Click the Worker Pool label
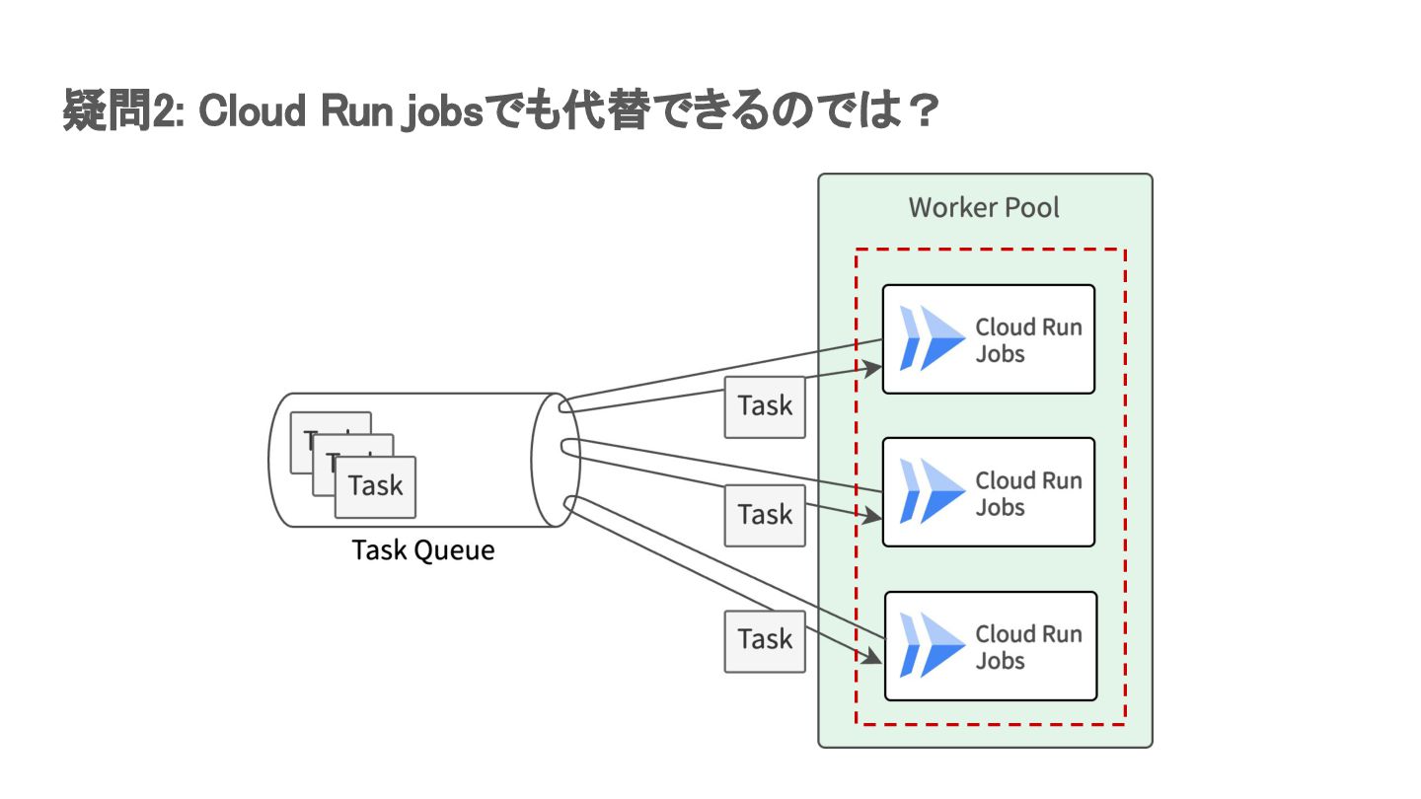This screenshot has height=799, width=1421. click(x=984, y=208)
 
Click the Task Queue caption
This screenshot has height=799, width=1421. click(x=423, y=550)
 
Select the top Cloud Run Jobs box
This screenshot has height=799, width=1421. click(x=988, y=339)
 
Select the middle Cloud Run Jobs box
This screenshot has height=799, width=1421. click(x=988, y=492)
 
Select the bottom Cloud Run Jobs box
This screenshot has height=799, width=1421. click(x=990, y=646)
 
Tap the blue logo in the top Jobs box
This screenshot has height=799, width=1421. click(x=931, y=338)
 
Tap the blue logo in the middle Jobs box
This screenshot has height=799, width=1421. click(x=931, y=491)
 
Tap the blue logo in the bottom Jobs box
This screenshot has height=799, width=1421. click(x=931, y=645)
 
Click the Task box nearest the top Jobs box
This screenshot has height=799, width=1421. click(x=765, y=405)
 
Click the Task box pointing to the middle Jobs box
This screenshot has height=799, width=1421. click(x=765, y=515)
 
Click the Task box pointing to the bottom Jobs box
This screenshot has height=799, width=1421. click(x=765, y=640)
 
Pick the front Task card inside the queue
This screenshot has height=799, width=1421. click(x=375, y=486)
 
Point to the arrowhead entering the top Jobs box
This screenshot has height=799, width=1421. click(x=873, y=368)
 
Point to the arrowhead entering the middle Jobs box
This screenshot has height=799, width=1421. click(x=873, y=516)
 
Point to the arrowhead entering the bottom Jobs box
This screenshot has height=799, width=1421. click(x=873, y=658)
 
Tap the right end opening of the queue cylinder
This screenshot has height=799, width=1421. click(x=555, y=459)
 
